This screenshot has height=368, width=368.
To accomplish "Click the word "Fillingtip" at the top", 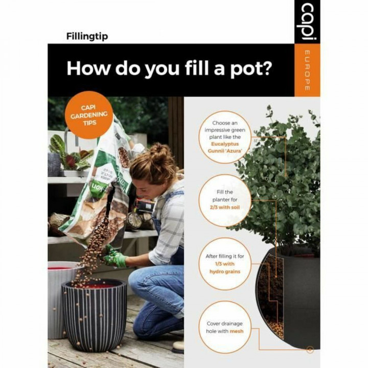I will click(87, 36).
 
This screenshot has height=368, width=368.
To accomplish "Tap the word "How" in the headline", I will click(87, 68).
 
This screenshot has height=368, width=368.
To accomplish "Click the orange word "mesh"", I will click(236, 331).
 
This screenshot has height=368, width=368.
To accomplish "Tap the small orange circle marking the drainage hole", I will click(310, 350).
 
